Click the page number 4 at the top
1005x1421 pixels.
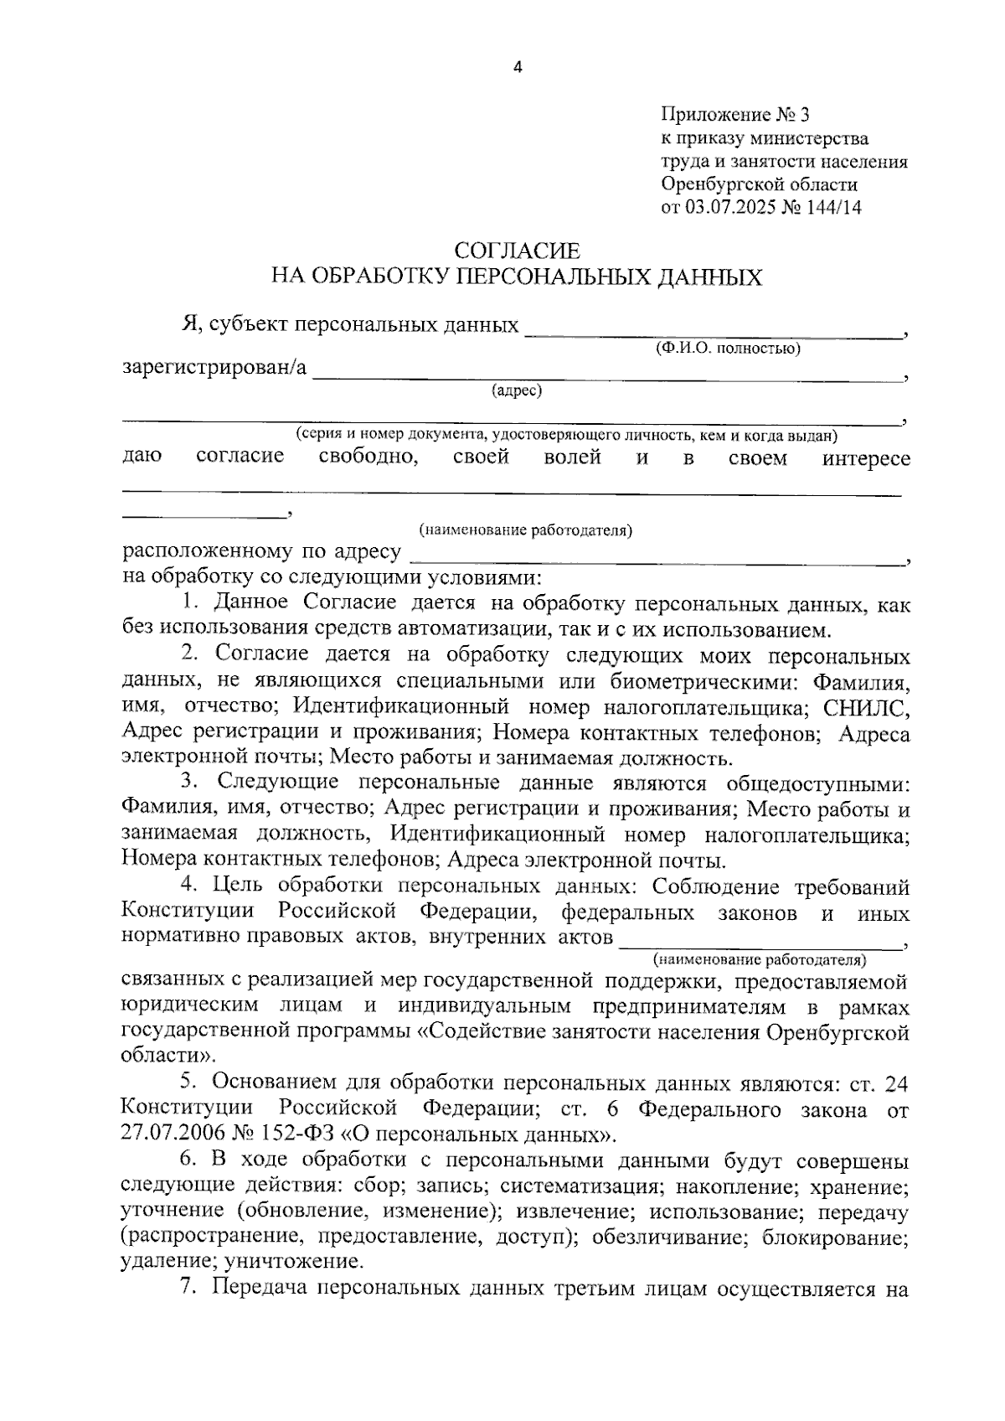click(517, 69)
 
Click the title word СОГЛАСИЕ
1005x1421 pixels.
click(517, 251)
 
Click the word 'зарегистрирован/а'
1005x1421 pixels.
click(214, 368)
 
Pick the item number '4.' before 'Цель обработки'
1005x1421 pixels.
click(188, 886)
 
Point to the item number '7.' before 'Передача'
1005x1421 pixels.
click(188, 1289)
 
